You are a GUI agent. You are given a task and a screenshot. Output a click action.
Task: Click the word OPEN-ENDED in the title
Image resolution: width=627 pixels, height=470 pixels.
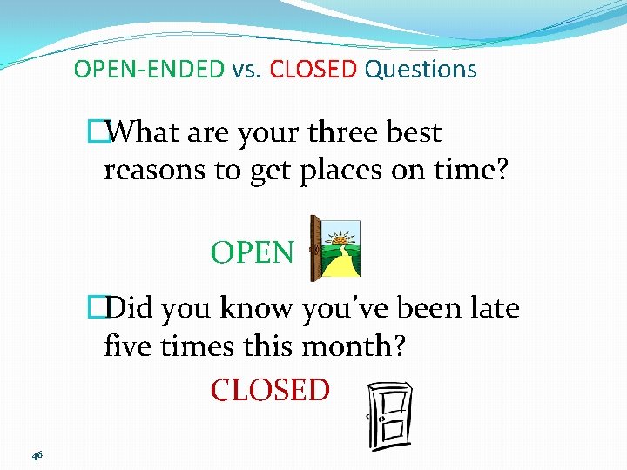(149, 70)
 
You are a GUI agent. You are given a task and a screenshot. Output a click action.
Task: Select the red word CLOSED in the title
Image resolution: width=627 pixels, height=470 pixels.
(313, 70)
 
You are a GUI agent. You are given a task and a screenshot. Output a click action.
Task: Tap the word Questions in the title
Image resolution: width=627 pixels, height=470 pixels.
(421, 70)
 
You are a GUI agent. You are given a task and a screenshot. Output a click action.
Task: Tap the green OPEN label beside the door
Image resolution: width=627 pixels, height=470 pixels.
(253, 253)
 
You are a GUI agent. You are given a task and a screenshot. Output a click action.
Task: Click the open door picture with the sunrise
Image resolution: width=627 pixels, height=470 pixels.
(335, 249)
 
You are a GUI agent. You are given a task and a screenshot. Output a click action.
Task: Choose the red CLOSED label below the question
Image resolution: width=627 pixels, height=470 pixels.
(270, 390)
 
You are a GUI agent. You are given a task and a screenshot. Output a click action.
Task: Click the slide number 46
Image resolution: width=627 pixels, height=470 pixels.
(37, 455)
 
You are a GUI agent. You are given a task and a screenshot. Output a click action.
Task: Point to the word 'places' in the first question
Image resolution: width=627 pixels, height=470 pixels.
(327, 171)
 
